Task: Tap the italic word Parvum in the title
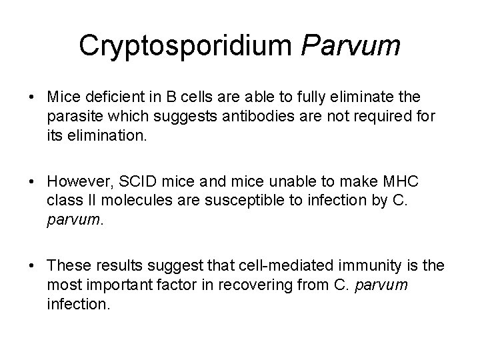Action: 350,45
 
